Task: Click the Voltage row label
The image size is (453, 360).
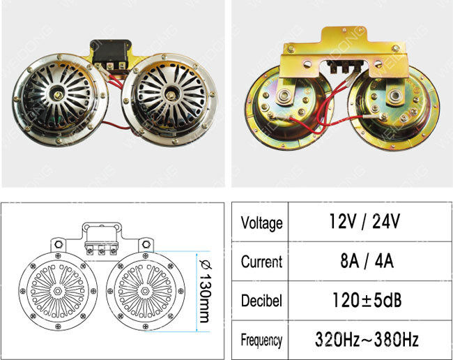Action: (262, 223)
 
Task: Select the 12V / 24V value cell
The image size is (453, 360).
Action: (364, 221)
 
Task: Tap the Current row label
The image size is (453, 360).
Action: (262, 262)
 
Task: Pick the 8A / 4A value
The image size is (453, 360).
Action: (367, 261)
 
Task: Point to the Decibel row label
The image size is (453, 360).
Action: (261, 301)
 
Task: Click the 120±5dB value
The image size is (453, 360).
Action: (367, 300)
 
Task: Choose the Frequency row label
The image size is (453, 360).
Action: (261, 340)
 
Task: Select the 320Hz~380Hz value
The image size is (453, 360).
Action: (367, 339)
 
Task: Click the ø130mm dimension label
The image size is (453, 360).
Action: (206, 291)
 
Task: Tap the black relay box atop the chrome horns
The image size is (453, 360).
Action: (111, 54)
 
